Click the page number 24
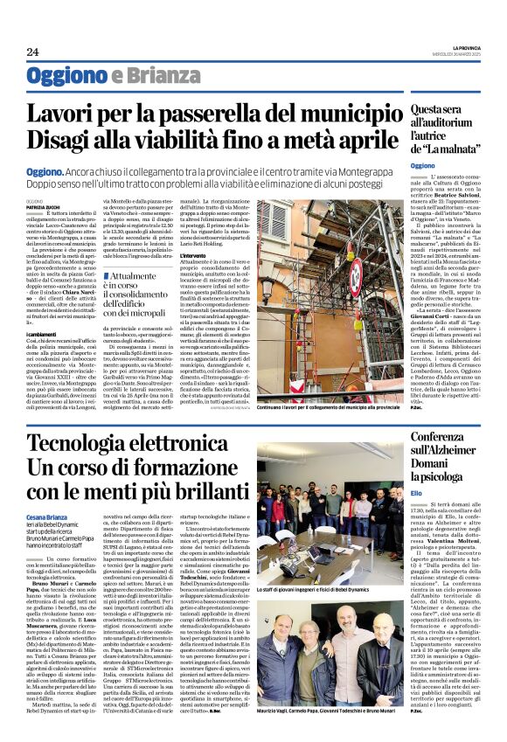click(x=32, y=52)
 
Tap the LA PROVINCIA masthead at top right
click(x=455, y=46)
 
